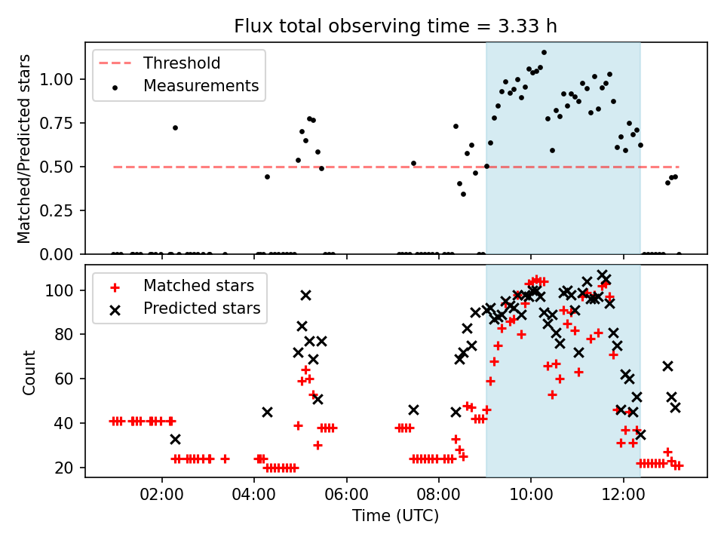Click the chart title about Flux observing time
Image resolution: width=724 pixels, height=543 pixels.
[396, 26]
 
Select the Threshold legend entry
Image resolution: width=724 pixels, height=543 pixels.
[182, 63]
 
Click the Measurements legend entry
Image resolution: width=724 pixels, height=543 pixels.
[201, 86]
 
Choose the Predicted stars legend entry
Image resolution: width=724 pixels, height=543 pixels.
[201, 308]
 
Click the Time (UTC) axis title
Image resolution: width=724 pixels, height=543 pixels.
[395, 517]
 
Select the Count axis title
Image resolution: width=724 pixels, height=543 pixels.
[29, 372]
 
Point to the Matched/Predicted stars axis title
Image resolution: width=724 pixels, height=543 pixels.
[24, 149]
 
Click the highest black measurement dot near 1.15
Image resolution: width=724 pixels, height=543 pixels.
[544, 53]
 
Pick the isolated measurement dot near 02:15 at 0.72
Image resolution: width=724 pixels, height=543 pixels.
[175, 127]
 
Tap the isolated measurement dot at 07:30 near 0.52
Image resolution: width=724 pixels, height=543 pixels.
[413, 163]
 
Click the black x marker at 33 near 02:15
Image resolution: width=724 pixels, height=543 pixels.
[175, 439]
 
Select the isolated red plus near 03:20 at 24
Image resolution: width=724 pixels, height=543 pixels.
[225, 459]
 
